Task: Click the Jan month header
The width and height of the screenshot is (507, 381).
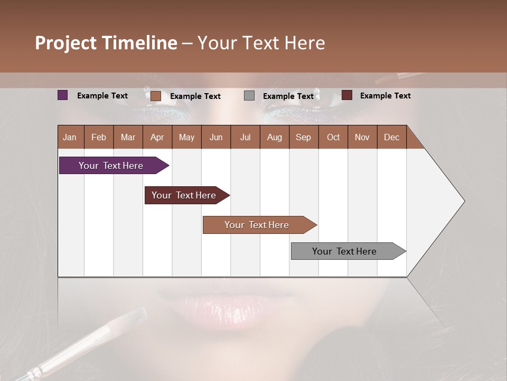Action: click(70, 137)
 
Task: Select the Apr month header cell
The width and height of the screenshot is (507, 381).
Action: click(157, 137)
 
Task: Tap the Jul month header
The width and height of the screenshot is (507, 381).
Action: click(245, 137)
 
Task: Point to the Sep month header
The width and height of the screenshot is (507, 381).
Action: click(303, 137)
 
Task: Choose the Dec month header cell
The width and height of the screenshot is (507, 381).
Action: click(391, 137)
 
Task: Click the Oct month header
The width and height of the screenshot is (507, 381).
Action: click(333, 137)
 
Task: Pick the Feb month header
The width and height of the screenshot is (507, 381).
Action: click(99, 137)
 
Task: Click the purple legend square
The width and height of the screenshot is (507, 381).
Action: click(63, 95)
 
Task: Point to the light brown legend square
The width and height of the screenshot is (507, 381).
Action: click(156, 96)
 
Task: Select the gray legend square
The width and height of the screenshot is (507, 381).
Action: click(249, 96)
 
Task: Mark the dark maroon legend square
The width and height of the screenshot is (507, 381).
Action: click(347, 95)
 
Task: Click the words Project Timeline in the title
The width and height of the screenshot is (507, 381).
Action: click(106, 43)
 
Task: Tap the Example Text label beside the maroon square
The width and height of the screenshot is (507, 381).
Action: click(385, 96)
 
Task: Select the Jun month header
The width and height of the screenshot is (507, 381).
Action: click(216, 137)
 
